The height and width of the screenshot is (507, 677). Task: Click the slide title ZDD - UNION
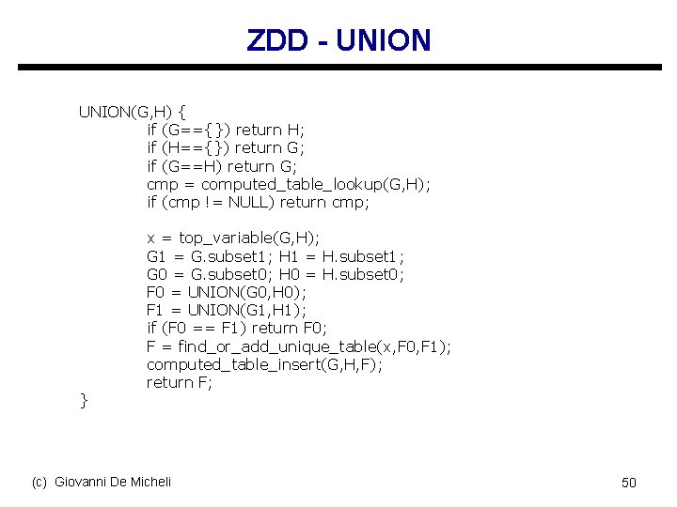tap(338, 40)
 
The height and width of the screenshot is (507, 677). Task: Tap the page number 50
tap(629, 483)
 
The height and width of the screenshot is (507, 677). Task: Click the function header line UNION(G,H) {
tap(132, 112)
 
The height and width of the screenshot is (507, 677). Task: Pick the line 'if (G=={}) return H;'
tap(226, 130)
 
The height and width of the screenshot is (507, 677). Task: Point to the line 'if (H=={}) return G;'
tap(226, 147)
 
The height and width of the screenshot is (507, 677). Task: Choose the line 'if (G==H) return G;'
tap(221, 166)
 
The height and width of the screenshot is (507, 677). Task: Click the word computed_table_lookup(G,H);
tap(316, 185)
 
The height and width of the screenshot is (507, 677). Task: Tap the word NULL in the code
tap(250, 202)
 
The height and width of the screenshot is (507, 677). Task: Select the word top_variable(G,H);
tap(248, 238)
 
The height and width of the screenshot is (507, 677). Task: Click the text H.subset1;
tap(363, 256)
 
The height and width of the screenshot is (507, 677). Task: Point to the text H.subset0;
tap(363, 274)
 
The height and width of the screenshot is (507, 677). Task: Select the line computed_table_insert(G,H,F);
tap(264, 364)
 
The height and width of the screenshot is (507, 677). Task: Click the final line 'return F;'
tap(180, 382)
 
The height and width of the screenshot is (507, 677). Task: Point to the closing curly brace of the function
tap(83, 401)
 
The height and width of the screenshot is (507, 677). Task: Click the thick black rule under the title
tap(338, 68)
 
